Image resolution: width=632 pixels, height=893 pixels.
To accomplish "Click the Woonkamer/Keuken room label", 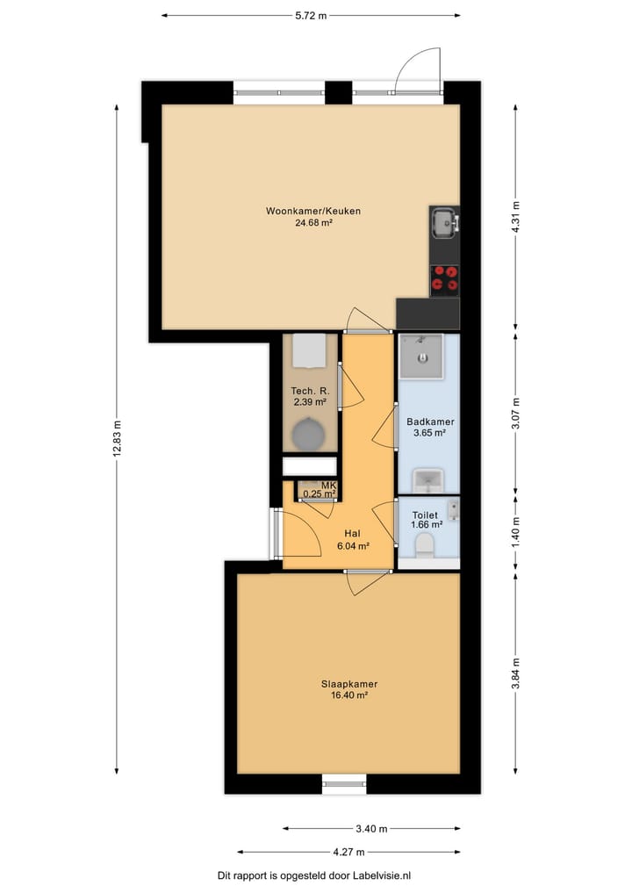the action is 313,211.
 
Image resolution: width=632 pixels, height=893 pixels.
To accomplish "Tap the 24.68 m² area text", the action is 313,223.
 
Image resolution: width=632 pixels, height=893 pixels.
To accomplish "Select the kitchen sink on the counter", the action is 444,223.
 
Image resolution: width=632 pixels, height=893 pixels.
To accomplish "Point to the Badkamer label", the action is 430,422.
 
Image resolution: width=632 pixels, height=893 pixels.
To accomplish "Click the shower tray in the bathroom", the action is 421,356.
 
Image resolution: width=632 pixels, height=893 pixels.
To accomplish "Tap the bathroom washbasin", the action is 427,480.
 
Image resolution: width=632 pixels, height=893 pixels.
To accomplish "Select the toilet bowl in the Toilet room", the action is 424,545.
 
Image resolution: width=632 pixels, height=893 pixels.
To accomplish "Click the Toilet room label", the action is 425,515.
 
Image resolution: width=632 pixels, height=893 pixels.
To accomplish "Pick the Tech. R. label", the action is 310,391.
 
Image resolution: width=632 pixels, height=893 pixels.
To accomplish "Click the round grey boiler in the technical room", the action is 309,434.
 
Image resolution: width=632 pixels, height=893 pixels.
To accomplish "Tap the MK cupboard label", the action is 328,486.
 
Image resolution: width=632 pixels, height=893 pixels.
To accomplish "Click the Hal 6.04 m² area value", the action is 353,545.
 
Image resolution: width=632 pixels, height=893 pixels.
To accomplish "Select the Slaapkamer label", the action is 349,684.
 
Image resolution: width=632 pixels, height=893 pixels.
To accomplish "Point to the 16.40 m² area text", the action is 349,695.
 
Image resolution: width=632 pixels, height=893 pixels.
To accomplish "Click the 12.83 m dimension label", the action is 117,439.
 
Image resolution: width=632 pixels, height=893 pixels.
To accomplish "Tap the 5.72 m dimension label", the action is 311,16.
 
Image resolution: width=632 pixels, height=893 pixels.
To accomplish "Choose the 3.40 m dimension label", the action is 371,829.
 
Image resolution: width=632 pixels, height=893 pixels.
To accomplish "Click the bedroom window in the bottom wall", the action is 344,784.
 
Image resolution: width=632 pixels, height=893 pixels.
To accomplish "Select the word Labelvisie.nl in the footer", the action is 382,876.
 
